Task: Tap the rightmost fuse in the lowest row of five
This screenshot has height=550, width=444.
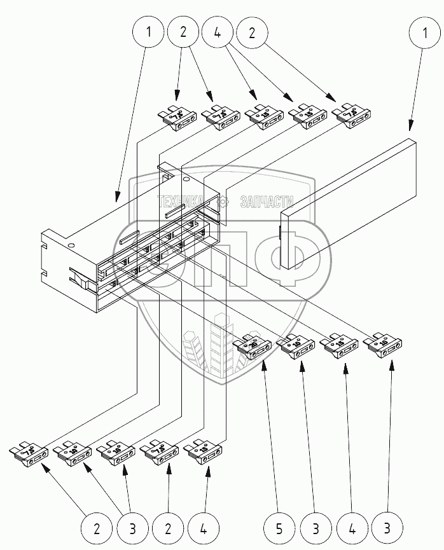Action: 203,454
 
